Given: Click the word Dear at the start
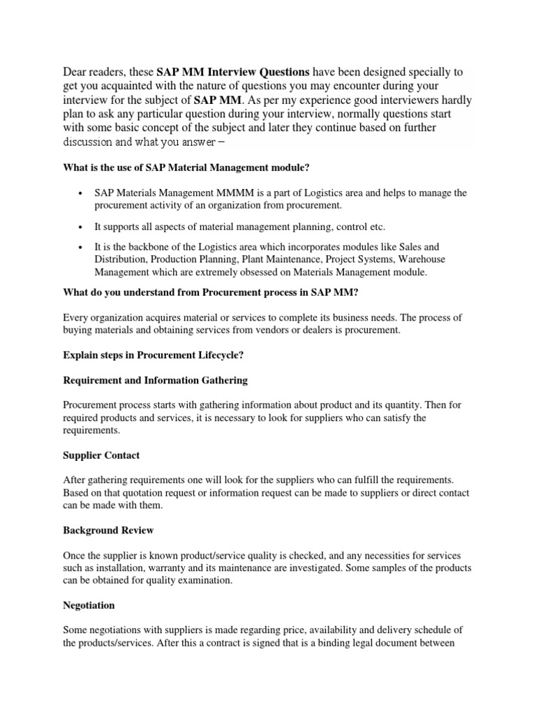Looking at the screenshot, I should coord(77,72).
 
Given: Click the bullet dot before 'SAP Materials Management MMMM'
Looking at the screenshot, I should coord(82,193).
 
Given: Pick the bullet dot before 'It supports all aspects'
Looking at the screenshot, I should coord(82,227).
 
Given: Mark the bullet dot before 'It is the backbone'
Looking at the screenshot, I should coord(82,248).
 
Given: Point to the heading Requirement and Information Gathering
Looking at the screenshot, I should coord(156,381).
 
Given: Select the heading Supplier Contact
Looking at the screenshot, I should coord(101,455).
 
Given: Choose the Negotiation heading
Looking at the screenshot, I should coord(89,605).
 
